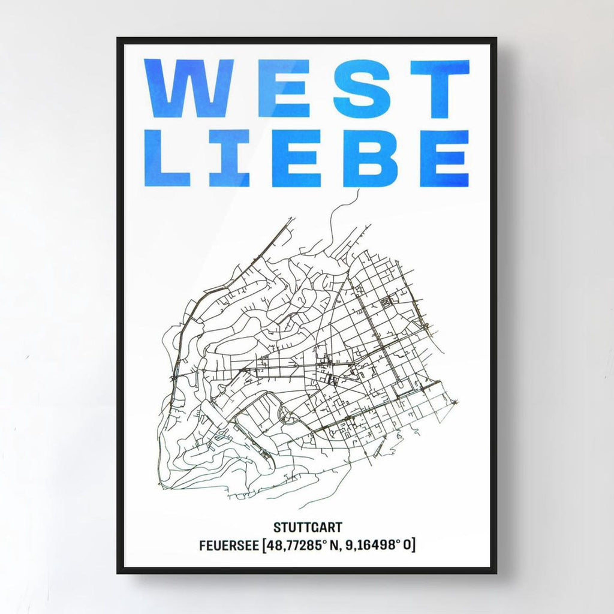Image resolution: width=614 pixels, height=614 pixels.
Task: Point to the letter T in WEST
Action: click(x=440, y=89)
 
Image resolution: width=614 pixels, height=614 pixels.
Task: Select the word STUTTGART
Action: click(x=308, y=528)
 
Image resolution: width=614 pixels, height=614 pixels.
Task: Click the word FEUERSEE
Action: click(x=228, y=546)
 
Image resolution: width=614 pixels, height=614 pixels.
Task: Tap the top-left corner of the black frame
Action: click(x=119, y=40)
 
